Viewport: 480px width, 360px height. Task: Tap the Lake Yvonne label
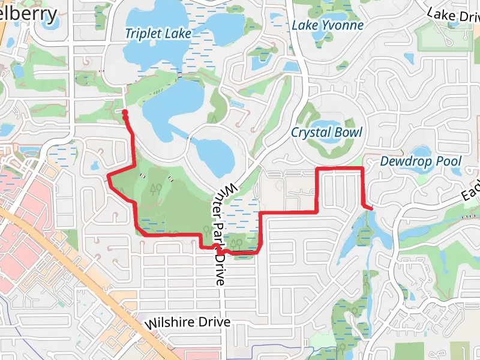point(328,25)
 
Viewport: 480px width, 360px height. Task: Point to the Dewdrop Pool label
point(421,161)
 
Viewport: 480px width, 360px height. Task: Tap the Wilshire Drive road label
point(188,323)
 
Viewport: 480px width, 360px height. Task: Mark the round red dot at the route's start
point(125,113)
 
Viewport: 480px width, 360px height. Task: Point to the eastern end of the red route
point(371,208)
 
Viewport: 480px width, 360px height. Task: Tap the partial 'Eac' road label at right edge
point(471,191)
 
